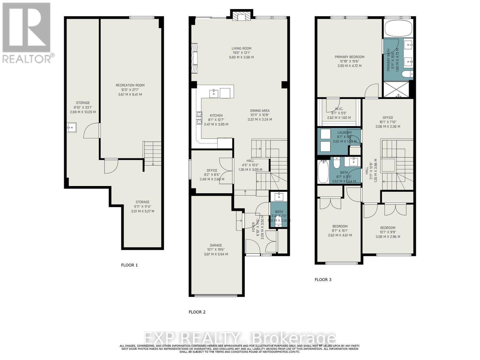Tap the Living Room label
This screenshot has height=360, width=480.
(241, 48)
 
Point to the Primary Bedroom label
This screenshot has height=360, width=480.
(349, 57)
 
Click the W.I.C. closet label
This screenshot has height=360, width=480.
(339, 109)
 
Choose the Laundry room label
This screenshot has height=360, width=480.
(344, 132)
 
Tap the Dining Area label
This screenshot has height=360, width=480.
(260, 110)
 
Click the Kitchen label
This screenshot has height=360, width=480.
(216, 115)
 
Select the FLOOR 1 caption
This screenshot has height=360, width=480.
(129, 265)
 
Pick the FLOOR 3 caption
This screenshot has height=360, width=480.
(323, 280)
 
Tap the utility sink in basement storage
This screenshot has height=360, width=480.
(72, 127)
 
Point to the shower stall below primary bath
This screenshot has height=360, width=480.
(398, 89)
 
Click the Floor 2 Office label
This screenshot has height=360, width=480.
(212, 170)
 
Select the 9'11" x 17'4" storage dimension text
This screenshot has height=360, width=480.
(142, 206)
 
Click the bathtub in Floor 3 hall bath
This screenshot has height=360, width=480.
(323, 171)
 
